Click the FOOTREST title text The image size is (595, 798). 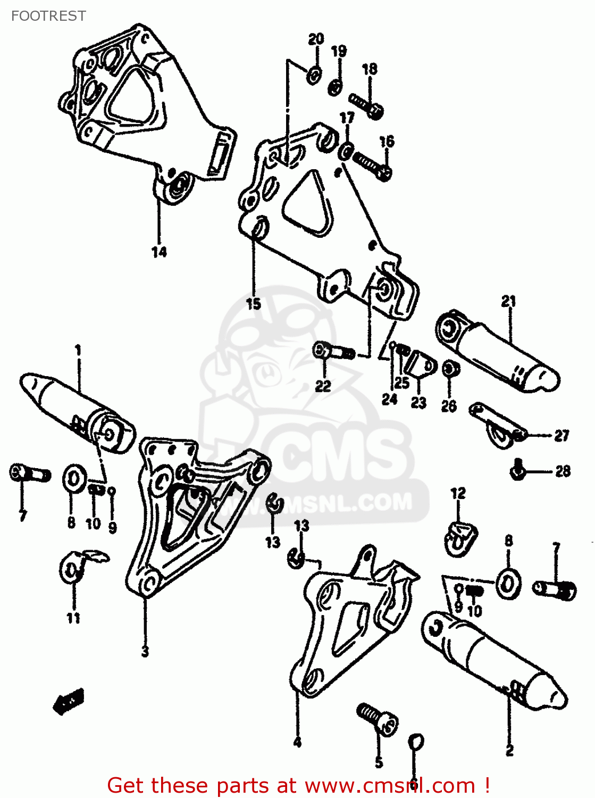48,16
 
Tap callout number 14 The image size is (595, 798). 159,252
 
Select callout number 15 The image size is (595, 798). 254,304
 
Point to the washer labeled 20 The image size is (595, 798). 313,75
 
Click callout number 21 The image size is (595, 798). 509,302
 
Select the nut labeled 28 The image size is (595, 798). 517,470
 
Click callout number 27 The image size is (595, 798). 562,436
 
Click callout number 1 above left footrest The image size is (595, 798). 78,351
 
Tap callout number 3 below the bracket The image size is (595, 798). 145,651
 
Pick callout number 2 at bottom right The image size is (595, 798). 509,751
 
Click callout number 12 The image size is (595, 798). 458,494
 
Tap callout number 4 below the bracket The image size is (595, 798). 297,742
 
